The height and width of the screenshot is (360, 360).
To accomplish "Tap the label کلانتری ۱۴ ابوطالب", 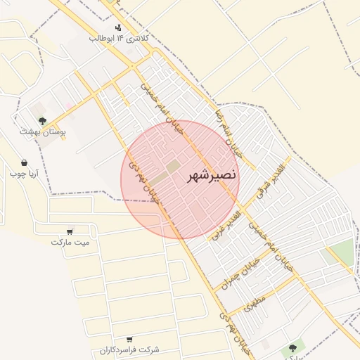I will pos(119,38).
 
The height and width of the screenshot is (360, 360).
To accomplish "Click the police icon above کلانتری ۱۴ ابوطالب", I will pos(117,27).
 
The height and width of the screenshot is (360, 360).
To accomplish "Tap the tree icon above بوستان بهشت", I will pos(42,120).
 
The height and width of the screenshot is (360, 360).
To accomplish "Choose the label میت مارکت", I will pos(70,242).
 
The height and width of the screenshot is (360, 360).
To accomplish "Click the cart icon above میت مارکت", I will pos(70,231).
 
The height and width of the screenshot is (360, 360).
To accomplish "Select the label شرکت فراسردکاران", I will pos(129,349).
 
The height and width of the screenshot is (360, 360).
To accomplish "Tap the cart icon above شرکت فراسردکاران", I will pos(129,339).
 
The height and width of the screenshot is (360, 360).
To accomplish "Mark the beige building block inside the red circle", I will pos(172,167).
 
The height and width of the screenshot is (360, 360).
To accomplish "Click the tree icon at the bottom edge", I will pos(292,347).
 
